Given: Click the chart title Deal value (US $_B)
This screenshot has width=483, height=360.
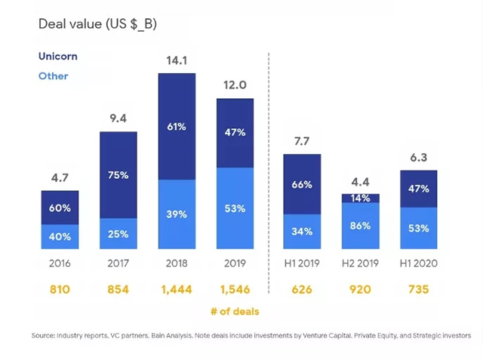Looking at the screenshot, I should click(x=97, y=24).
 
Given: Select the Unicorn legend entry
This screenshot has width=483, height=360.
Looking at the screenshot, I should click(x=57, y=57).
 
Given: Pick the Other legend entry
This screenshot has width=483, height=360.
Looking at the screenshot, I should click(x=53, y=76).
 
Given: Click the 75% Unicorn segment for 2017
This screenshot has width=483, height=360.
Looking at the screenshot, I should click(x=118, y=175).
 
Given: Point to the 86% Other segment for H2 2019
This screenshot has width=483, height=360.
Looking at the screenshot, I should click(x=361, y=226).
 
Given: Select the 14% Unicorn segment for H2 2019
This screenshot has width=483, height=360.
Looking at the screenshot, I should click(x=361, y=198).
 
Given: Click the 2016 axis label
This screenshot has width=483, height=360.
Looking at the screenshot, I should click(x=60, y=263).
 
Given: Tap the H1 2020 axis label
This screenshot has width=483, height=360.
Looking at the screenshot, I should click(x=420, y=263).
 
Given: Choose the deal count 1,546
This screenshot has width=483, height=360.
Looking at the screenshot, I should click(x=235, y=289).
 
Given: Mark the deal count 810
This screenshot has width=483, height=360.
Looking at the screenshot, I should click(x=60, y=289).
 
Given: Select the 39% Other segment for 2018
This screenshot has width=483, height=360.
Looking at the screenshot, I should click(x=177, y=214).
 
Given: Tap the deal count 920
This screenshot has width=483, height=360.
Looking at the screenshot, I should click(x=361, y=289).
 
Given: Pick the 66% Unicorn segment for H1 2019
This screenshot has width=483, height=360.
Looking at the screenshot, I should click(x=303, y=184).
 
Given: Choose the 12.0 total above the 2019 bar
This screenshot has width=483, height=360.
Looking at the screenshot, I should click(x=235, y=85).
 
